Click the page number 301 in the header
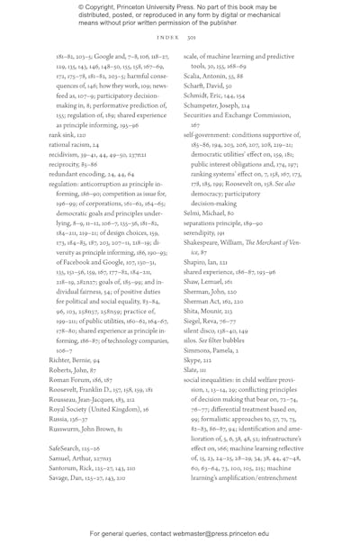point(191,39)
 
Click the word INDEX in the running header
point(168,39)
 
